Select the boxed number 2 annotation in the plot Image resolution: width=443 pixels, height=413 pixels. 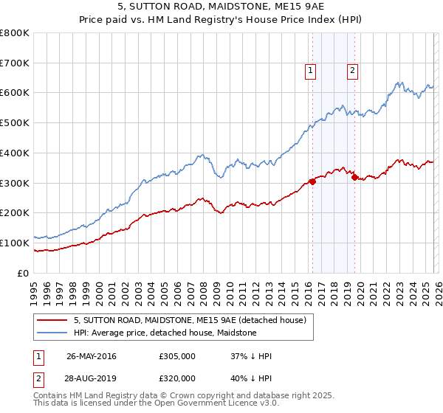click(x=352, y=71)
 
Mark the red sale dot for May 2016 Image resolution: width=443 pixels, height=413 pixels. click(x=312, y=181)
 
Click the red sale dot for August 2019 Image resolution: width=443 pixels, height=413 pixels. click(x=355, y=177)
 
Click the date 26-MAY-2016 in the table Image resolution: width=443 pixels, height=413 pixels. click(x=91, y=356)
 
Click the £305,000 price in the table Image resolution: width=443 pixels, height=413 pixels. click(x=176, y=356)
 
